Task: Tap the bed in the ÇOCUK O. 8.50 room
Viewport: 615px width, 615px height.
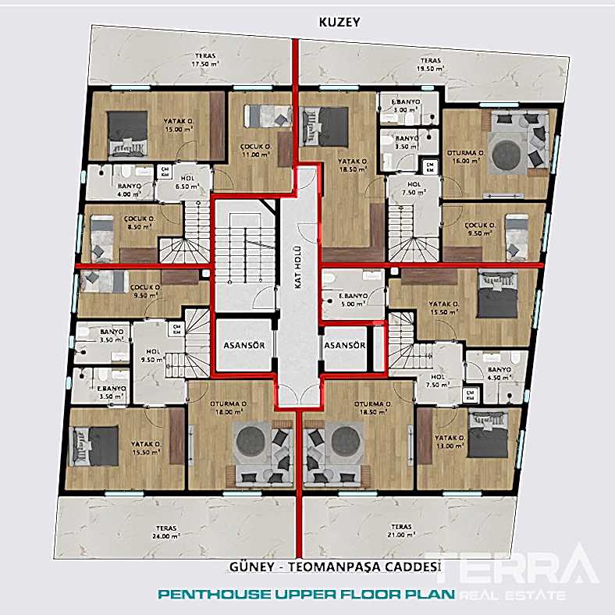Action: click(x=101, y=236)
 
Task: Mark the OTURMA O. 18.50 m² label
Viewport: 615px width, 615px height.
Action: click(x=371, y=409)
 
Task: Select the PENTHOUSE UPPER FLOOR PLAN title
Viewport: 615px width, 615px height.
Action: click(x=306, y=595)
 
